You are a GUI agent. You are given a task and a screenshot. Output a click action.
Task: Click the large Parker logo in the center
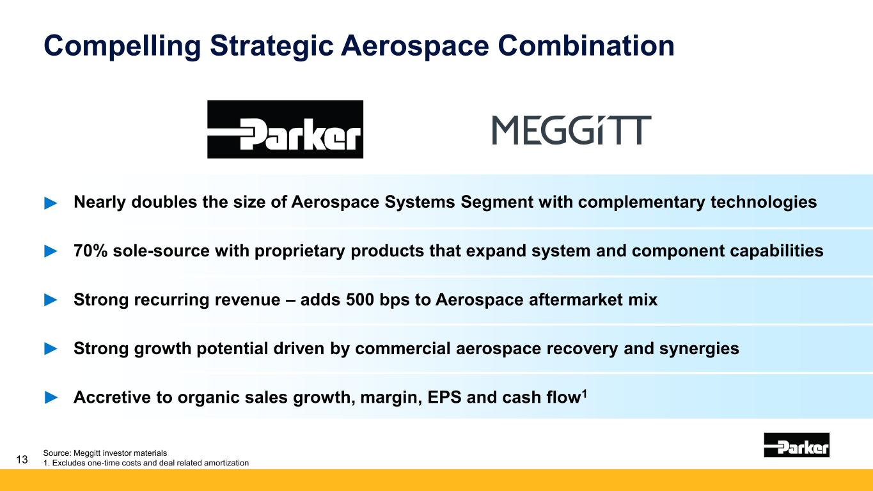[285, 129]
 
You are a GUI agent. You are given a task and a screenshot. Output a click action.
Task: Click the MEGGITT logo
[572, 130]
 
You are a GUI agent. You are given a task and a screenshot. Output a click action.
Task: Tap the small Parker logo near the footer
[796, 444]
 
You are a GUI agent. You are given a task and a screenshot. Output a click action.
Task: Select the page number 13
[22, 460]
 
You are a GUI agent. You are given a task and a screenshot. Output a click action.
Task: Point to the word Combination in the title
[586, 45]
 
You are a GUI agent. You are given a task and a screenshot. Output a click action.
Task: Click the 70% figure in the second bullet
[90, 251]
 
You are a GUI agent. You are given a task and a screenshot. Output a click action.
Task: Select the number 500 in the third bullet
[359, 300]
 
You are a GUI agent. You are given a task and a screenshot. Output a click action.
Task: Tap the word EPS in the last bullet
[444, 397]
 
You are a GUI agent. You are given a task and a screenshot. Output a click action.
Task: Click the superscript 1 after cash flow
[584, 394]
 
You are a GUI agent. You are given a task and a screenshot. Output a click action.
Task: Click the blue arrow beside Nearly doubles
[51, 203]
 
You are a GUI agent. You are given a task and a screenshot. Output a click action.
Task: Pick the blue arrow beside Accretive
[51, 398]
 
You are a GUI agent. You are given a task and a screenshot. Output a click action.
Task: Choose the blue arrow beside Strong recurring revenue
[51, 300]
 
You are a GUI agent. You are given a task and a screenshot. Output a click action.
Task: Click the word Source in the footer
[56, 453]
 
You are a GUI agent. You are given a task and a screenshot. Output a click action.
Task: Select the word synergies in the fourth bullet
[699, 349]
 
